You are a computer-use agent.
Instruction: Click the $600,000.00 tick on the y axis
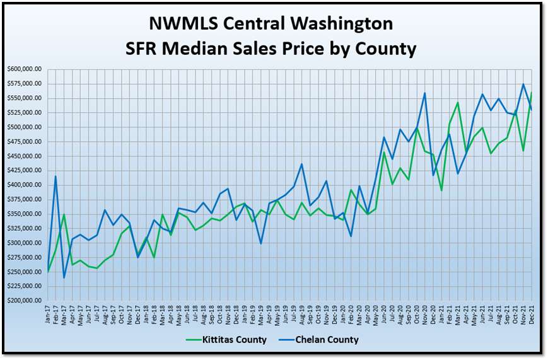(24, 69)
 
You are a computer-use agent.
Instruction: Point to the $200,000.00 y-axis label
(24, 301)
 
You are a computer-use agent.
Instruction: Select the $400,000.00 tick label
(24, 185)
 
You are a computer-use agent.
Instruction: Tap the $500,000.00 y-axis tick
(24, 127)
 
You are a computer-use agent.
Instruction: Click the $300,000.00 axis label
(24, 243)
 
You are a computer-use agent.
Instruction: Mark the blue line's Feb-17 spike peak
(56, 177)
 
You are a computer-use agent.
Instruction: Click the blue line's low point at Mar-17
(64, 277)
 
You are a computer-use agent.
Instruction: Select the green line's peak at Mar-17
(64, 214)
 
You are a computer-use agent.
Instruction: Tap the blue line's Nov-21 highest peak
(523, 84)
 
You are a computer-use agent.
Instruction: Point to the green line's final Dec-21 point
(532, 93)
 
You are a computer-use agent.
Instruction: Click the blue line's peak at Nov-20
(425, 93)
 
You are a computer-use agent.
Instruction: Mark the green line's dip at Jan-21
(441, 190)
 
